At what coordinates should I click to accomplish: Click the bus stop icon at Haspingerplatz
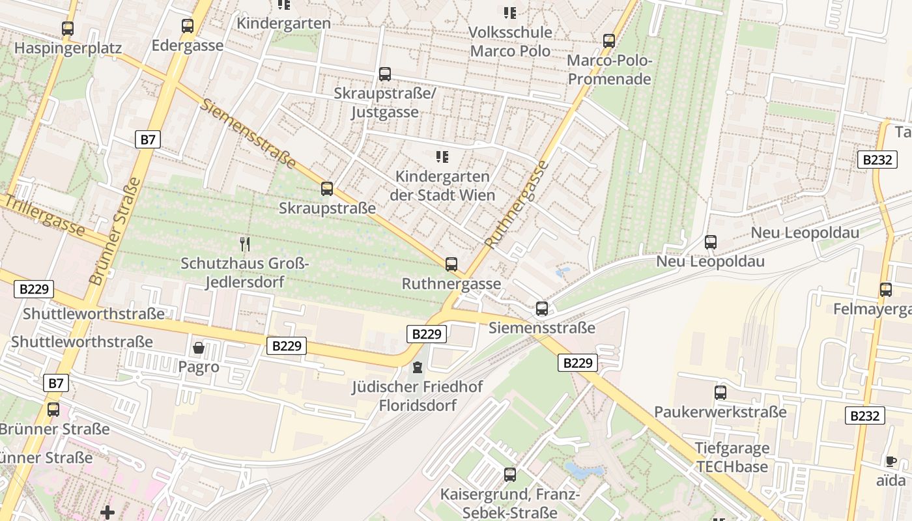click(x=68, y=29)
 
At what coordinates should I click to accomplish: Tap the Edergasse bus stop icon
click(x=188, y=26)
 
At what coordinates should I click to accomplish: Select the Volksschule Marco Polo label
click(x=511, y=42)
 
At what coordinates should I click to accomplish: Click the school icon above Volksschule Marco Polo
click(x=510, y=12)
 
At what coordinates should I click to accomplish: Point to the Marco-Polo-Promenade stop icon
click(x=609, y=41)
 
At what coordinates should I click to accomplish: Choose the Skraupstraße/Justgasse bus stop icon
click(x=385, y=74)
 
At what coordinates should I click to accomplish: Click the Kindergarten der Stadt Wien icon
click(x=442, y=156)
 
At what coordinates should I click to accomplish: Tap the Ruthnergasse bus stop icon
click(x=451, y=264)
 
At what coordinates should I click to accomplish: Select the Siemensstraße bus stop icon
click(x=542, y=309)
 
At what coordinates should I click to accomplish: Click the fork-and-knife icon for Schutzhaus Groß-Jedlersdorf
click(x=245, y=244)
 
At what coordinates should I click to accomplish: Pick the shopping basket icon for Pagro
click(x=199, y=348)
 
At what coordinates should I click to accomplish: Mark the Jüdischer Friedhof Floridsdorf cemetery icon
click(x=418, y=368)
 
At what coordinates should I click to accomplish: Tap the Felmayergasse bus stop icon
click(x=886, y=289)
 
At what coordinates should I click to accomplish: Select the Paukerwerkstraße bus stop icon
click(x=720, y=393)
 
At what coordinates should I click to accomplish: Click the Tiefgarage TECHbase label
click(x=732, y=457)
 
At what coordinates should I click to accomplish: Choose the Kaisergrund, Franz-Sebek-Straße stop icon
click(x=510, y=475)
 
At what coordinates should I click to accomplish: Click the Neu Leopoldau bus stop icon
click(x=711, y=242)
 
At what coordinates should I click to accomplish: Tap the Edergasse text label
click(x=188, y=46)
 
